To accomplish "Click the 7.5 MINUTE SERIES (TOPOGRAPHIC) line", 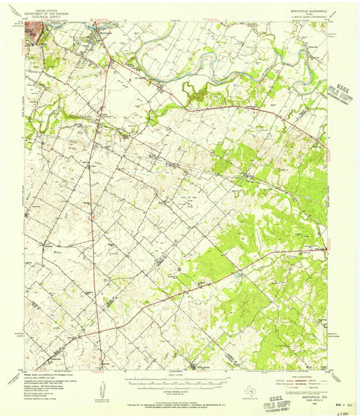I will point(303,16).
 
